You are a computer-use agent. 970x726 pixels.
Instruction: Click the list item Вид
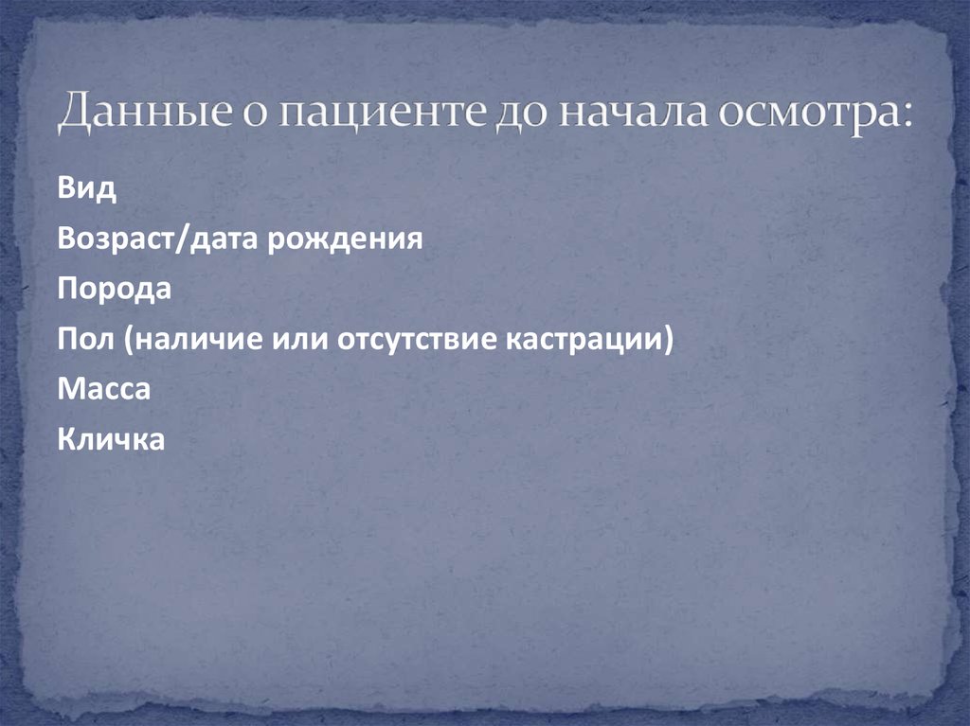pyautogui.click(x=87, y=188)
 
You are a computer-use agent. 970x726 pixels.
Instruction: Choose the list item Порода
pyautogui.click(x=115, y=289)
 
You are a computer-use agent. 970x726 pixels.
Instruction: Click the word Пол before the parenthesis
pyautogui.click(x=83, y=339)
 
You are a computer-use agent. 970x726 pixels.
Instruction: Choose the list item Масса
pyautogui.click(x=103, y=389)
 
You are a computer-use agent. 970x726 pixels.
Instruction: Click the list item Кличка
pyautogui.click(x=111, y=439)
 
